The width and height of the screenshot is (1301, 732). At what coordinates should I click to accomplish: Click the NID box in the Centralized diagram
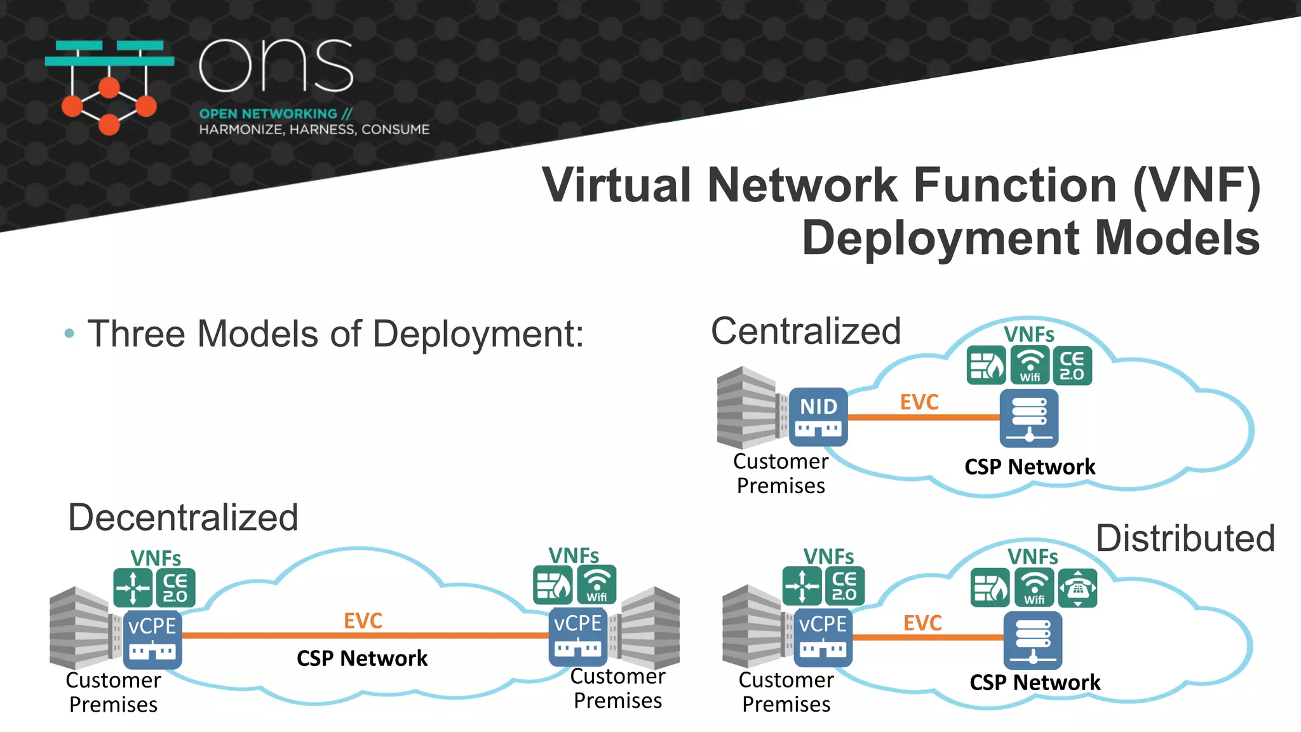818,416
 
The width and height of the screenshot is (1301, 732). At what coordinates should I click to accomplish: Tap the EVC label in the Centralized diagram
919,402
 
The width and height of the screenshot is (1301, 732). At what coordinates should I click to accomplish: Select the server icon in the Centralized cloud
1028,418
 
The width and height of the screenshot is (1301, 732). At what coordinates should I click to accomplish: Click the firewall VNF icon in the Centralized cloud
986,365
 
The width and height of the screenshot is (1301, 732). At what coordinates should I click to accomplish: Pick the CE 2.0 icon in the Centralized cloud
1072,365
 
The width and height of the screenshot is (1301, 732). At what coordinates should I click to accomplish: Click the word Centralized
806,331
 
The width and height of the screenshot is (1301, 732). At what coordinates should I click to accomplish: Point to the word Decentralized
183,517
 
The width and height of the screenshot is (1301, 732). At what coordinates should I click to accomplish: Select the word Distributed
1185,538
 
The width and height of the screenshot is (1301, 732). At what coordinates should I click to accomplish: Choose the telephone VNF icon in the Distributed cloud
1077,588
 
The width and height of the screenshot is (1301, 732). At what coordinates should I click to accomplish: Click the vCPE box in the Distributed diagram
823,637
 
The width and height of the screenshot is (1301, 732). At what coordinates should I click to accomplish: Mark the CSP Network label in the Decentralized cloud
362,658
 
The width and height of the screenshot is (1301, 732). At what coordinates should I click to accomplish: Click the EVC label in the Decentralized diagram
363,621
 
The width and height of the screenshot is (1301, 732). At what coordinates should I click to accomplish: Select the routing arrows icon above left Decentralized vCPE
133,588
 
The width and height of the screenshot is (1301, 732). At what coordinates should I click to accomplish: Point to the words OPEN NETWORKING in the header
268,114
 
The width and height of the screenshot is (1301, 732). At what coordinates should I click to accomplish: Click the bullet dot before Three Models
69,333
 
